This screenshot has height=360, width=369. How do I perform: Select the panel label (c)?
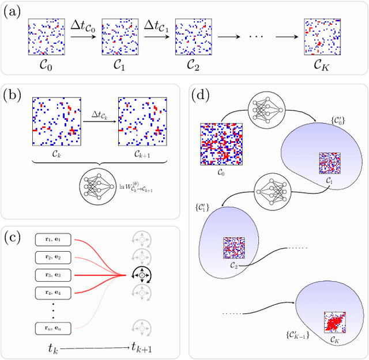[x=12, y=237]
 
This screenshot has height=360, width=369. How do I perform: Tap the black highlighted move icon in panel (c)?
[x=138, y=275]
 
